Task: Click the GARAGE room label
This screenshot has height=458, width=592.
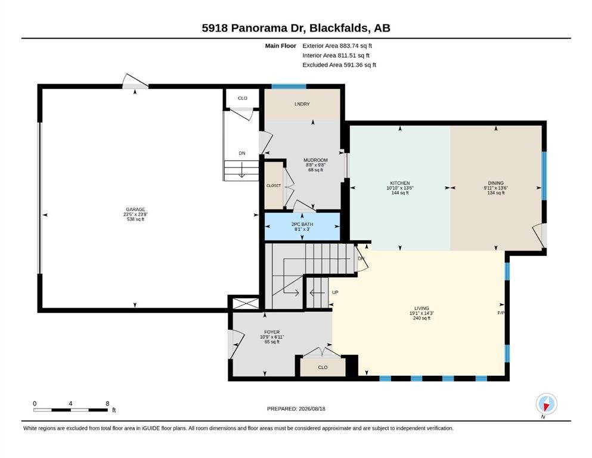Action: point(135,209)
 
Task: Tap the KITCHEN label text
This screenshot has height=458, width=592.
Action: point(400,183)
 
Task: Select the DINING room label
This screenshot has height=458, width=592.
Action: point(496,183)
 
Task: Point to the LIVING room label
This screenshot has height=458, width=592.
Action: point(421,308)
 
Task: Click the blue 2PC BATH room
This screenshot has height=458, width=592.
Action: point(302,227)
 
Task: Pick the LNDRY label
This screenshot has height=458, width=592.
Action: point(302,104)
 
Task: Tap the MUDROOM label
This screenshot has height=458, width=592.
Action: point(315,160)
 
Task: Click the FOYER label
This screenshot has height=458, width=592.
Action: point(272,332)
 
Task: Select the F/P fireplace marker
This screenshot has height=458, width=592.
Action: point(501,313)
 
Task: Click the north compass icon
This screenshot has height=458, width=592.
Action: point(546,404)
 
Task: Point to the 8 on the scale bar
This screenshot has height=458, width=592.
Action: point(107,404)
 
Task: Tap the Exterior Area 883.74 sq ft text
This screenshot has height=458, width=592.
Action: point(337,46)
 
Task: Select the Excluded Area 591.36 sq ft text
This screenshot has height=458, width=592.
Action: point(339,65)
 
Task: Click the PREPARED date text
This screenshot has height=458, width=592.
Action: point(296,409)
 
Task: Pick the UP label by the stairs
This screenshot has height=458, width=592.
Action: point(335,292)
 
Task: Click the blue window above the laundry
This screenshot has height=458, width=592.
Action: point(289,86)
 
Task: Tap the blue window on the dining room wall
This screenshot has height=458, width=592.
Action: point(544,175)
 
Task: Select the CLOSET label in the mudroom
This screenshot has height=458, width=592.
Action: point(274,186)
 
